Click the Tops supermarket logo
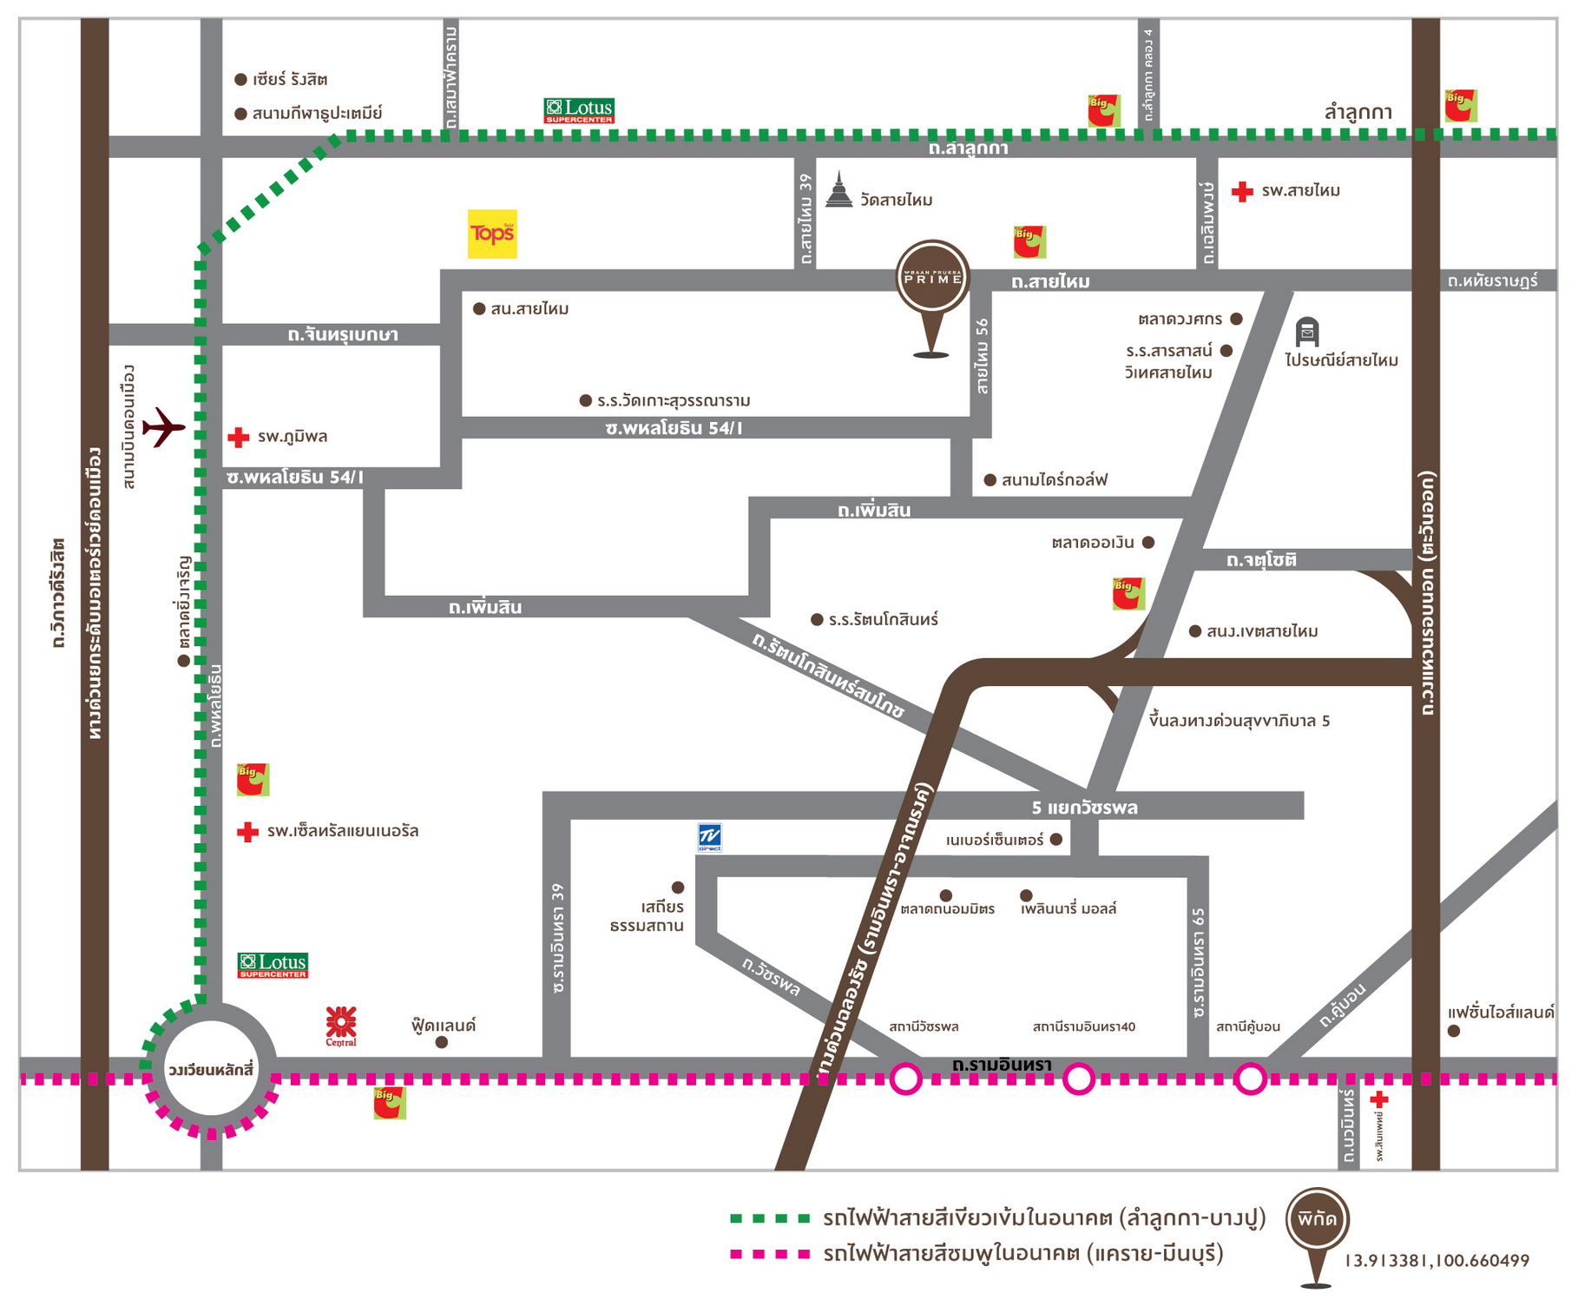(x=492, y=234)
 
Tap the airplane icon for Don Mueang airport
(x=163, y=426)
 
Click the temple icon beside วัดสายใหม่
(x=838, y=190)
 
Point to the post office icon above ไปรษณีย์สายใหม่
(x=1307, y=332)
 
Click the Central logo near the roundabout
(x=341, y=1025)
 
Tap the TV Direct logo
(x=710, y=837)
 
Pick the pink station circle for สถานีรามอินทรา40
(x=1079, y=1079)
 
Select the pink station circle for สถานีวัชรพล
(x=906, y=1079)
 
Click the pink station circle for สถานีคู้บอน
(x=1251, y=1079)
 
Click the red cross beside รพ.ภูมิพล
(x=238, y=437)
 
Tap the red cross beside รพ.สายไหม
(x=1242, y=191)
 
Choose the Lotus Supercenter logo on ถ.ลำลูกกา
(x=579, y=110)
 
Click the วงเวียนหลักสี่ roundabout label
(x=211, y=1069)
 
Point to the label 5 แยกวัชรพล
(x=1084, y=808)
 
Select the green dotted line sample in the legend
(x=770, y=1218)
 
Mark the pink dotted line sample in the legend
(x=770, y=1254)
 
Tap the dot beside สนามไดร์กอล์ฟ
(x=990, y=480)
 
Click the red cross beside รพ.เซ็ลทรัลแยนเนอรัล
(x=247, y=832)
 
